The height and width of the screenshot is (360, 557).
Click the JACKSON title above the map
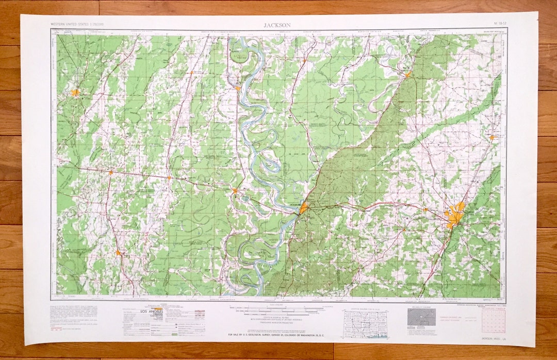coord(277,25)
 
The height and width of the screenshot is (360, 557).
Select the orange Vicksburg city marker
coord(303,208)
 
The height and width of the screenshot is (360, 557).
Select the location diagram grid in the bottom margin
coord(365,323)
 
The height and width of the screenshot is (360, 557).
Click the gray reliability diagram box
coord(421,317)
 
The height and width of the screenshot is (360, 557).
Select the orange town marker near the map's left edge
coord(75,93)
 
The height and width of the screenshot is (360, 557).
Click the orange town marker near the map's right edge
coord(492,137)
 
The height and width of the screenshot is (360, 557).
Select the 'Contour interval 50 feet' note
coord(277,320)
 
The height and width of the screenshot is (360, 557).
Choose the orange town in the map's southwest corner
coord(118,253)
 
